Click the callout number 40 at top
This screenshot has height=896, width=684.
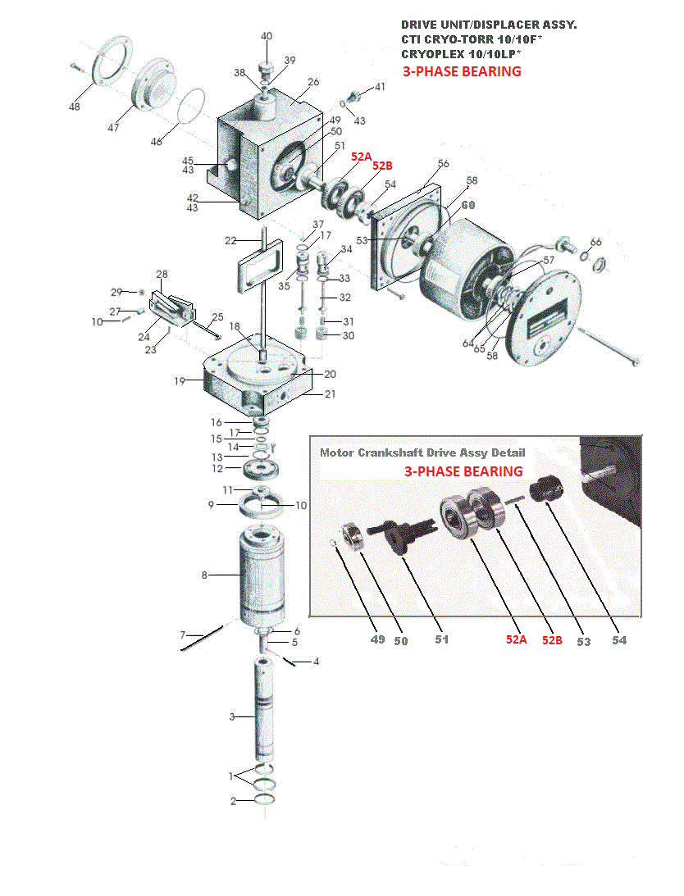(267, 37)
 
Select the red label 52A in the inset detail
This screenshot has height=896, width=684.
(516, 640)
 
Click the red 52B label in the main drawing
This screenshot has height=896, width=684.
(382, 166)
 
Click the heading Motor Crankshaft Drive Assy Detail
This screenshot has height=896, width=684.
(422, 453)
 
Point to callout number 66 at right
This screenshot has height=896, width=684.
(595, 242)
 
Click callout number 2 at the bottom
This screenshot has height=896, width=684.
(233, 801)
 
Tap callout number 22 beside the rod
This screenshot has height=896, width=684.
(230, 240)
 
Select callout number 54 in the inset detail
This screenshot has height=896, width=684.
(619, 640)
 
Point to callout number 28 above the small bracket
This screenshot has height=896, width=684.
(162, 275)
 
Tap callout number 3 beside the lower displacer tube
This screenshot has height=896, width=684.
(232, 717)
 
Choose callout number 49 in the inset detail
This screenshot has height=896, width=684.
(377, 639)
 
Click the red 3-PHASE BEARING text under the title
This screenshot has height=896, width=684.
(462, 71)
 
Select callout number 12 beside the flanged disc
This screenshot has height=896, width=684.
(217, 469)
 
